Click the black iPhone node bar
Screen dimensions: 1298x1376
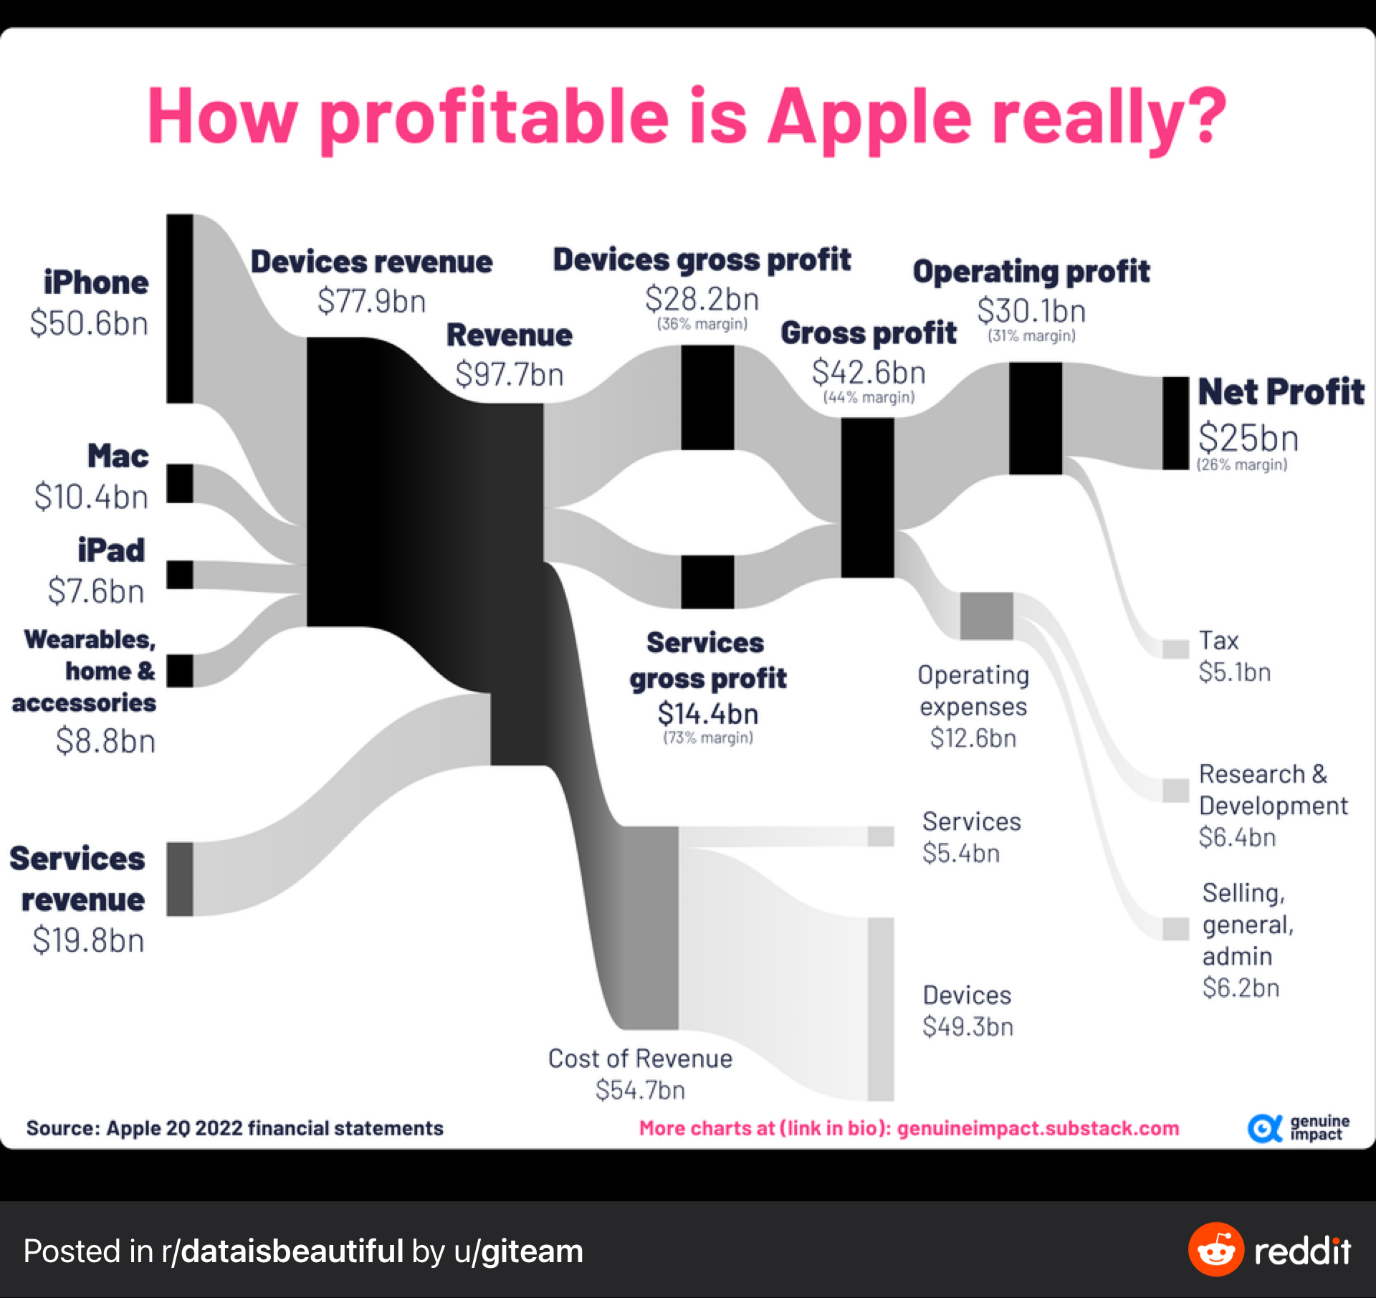pyautogui.click(x=180, y=308)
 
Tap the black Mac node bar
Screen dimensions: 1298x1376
pyautogui.click(x=180, y=484)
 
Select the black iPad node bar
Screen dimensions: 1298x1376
pyautogui.click(x=180, y=575)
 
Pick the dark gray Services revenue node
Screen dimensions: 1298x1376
pyautogui.click(x=180, y=879)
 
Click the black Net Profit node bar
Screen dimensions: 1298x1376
pyautogui.click(x=1175, y=423)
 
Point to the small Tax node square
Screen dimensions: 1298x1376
pyautogui.click(x=1175, y=649)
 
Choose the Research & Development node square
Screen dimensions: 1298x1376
pyautogui.click(x=1175, y=790)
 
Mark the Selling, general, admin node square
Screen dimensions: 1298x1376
pyautogui.click(x=1175, y=928)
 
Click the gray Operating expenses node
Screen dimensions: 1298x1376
pyautogui.click(x=987, y=616)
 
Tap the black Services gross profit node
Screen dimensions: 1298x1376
pyautogui.click(x=707, y=582)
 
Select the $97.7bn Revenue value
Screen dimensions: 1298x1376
pyautogui.click(x=510, y=374)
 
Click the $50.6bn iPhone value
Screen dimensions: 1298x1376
pyautogui.click(x=90, y=323)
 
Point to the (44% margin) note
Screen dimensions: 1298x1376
pyautogui.click(x=869, y=397)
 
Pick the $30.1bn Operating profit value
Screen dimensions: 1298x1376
pyautogui.click(x=1031, y=311)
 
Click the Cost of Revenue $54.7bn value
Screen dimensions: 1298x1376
pyautogui.click(x=640, y=1089)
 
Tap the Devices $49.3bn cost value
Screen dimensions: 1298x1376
pyautogui.click(x=967, y=1026)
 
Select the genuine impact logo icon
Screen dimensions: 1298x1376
pyautogui.click(x=1264, y=1128)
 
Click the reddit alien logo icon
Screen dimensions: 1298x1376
pyautogui.click(x=1215, y=1250)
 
